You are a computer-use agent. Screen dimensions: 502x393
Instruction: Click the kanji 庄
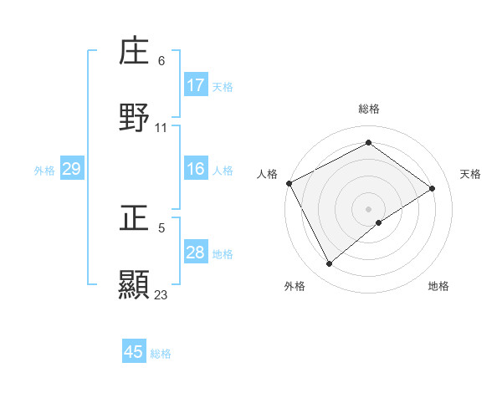(x=134, y=51)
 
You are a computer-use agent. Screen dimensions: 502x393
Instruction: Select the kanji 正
(x=134, y=217)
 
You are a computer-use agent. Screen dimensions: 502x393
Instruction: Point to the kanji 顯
(x=134, y=283)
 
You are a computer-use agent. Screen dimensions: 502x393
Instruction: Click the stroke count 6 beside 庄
(x=161, y=61)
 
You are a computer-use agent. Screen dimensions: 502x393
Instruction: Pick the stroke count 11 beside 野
(x=161, y=128)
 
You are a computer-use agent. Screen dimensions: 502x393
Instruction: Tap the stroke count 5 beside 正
(x=161, y=227)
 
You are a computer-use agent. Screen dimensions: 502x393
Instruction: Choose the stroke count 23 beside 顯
(x=161, y=294)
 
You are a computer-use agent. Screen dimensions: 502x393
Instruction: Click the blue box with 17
(x=196, y=85)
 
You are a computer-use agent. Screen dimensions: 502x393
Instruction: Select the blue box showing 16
(x=196, y=169)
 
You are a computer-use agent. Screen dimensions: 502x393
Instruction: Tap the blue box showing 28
(x=196, y=253)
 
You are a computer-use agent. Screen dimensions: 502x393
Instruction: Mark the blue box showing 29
(x=71, y=169)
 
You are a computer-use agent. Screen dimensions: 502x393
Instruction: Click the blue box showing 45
(x=134, y=352)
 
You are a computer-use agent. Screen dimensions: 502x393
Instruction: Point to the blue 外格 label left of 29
(x=44, y=170)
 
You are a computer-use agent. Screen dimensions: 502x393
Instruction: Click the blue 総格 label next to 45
(x=161, y=354)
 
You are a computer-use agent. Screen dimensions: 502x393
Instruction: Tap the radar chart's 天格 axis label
(x=470, y=174)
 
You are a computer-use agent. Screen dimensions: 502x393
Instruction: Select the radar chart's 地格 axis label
(x=438, y=286)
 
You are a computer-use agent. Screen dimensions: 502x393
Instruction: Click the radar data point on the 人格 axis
(x=289, y=183)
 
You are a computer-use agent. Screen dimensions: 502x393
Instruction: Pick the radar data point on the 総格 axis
(x=368, y=143)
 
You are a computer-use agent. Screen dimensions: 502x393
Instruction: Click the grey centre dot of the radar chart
(x=368, y=208)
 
